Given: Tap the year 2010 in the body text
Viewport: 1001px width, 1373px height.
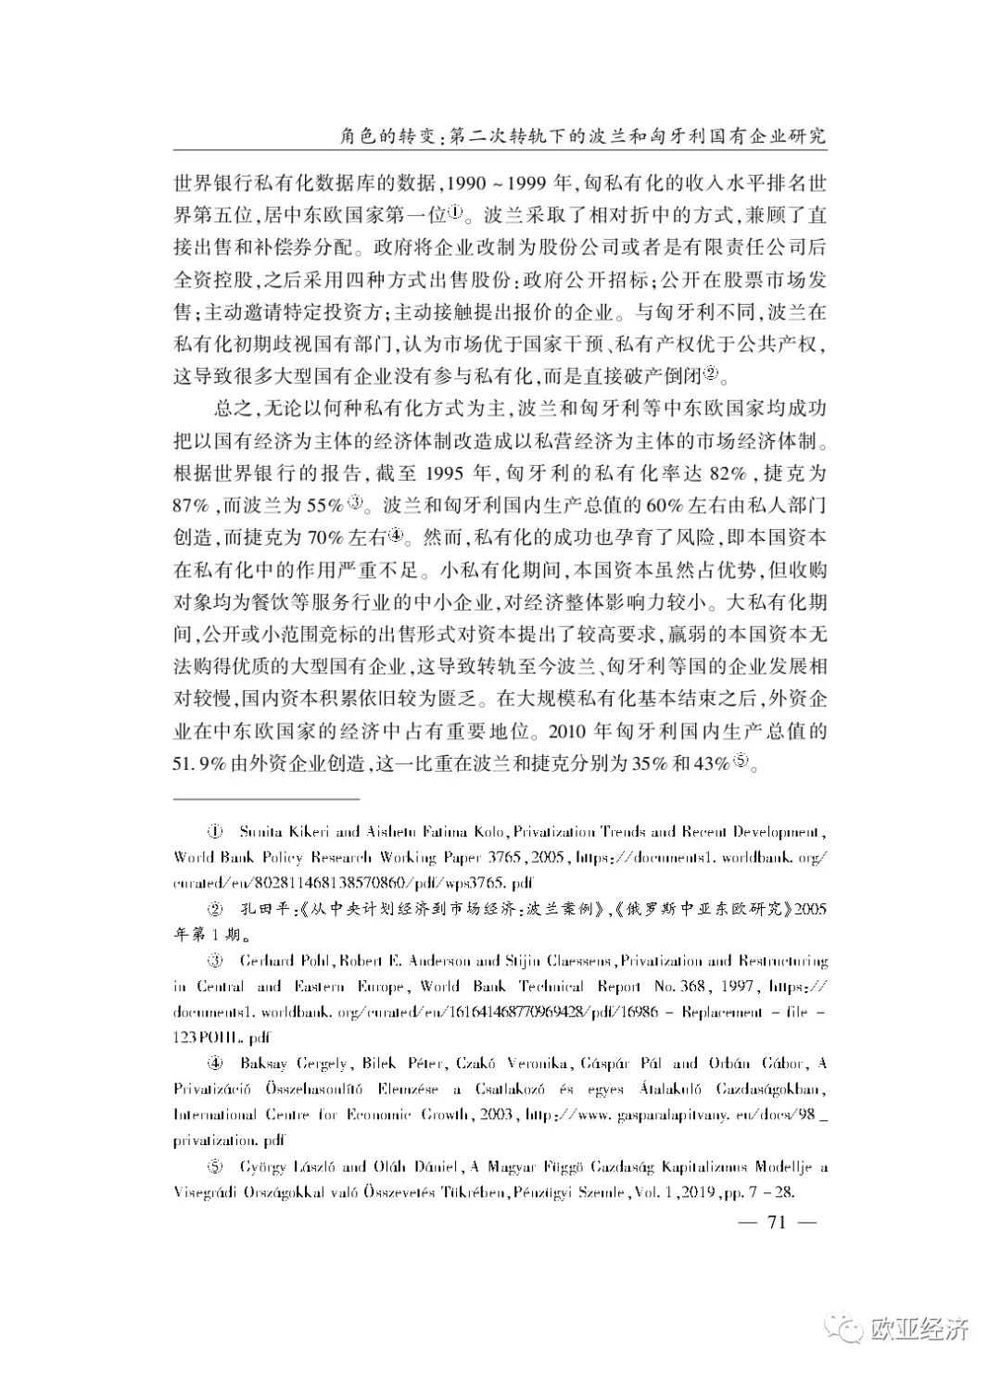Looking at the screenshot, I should (570, 734).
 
